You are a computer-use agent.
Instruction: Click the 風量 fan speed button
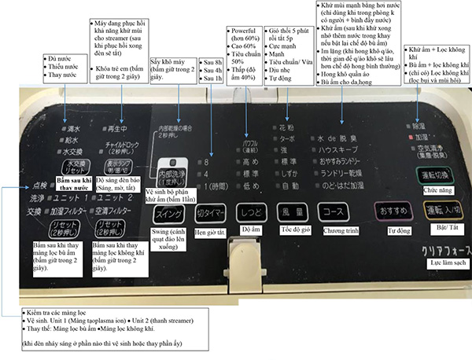click(x=292, y=211)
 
